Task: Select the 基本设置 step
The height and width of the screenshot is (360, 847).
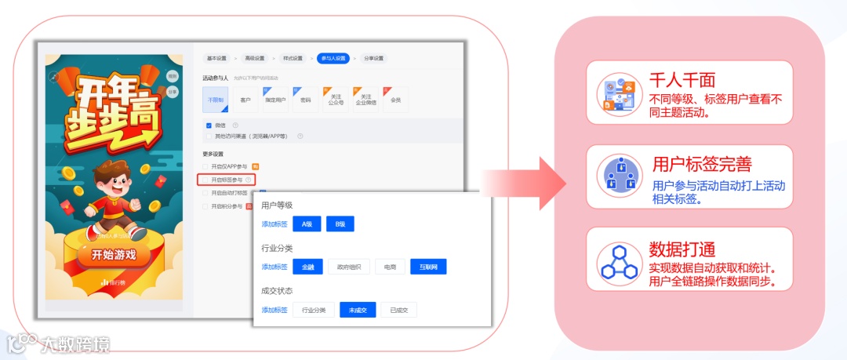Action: [x=216, y=58]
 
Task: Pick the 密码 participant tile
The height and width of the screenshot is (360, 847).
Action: [x=306, y=100]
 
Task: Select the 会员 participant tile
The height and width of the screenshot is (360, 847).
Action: [x=395, y=100]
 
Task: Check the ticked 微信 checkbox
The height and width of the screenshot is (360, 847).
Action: [x=209, y=125]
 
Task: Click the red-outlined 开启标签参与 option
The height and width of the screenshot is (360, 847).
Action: [x=227, y=180]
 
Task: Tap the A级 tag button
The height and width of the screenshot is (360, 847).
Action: [x=306, y=224]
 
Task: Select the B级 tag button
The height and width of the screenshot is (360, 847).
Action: [x=340, y=224]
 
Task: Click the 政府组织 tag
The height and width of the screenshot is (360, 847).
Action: [x=348, y=267]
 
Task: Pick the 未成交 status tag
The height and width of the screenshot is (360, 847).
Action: [x=358, y=310]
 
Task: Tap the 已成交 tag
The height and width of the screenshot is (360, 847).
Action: [x=399, y=310]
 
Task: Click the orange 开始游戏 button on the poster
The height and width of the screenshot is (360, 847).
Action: [x=114, y=255]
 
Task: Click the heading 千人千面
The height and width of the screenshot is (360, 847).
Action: [x=682, y=80]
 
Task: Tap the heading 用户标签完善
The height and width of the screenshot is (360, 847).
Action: [x=702, y=164]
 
